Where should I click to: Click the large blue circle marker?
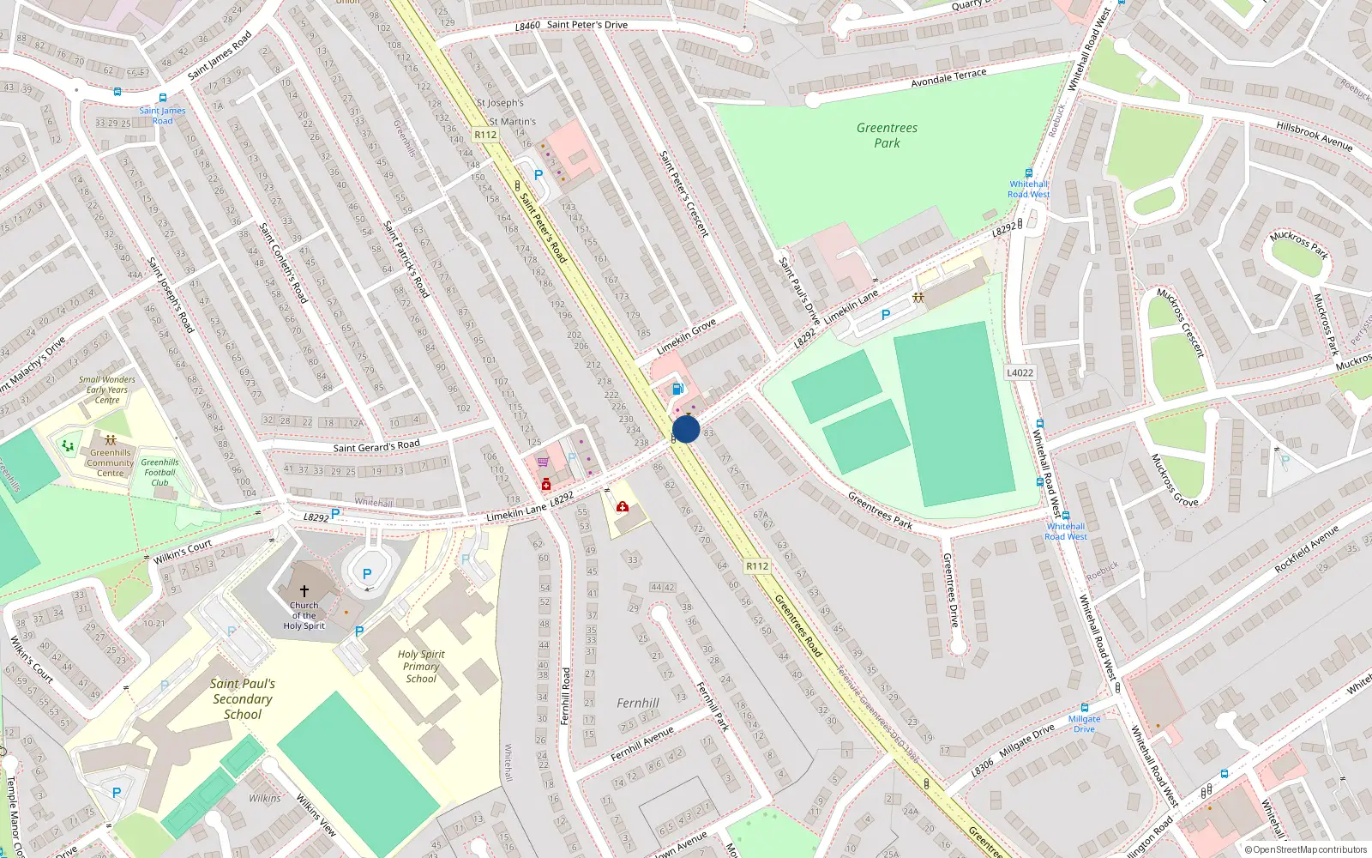point(686,430)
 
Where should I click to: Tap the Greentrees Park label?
point(887,136)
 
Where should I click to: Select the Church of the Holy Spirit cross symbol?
point(304,591)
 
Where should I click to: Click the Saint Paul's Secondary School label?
point(243,699)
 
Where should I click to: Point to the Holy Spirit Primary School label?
point(421,667)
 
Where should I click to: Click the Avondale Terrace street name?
point(948,78)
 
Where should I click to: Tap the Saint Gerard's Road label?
point(376,445)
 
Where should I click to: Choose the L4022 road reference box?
point(1020,372)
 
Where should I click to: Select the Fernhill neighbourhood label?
point(638,704)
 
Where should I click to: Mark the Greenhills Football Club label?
point(159,473)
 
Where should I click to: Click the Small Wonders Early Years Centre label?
point(107,390)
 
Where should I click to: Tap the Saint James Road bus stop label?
point(163,116)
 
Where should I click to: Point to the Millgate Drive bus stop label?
point(1085,724)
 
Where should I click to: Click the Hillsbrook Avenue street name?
point(1314,136)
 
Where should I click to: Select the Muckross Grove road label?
point(1174,480)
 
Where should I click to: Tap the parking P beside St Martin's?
point(539,174)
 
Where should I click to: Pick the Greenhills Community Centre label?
point(111,462)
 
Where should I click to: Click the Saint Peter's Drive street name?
point(587,25)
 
